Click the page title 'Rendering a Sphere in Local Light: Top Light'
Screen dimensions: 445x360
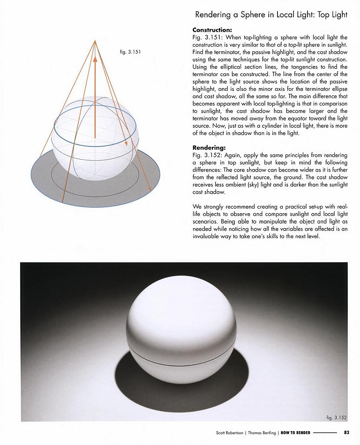tap(271, 15)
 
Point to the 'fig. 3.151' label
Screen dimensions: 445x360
tap(130, 52)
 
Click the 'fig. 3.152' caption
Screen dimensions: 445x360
tap(337, 418)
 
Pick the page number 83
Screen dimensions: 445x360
tap(346, 432)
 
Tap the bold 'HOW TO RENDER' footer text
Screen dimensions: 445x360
tap(295, 432)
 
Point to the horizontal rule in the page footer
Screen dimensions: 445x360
tap(325, 432)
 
